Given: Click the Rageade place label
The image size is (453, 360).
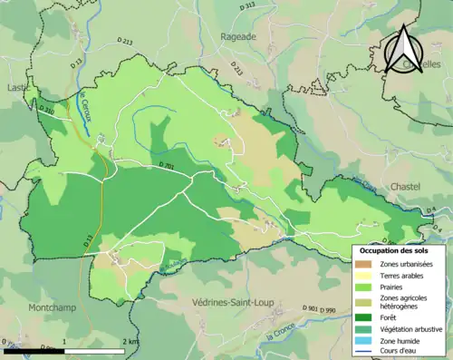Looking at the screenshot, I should coord(238,36).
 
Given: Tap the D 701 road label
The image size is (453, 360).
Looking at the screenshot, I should coord(165,166).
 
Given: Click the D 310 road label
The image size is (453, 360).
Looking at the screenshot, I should coord(46,110).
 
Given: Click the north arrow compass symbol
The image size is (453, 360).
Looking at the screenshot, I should coord(404,50).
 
